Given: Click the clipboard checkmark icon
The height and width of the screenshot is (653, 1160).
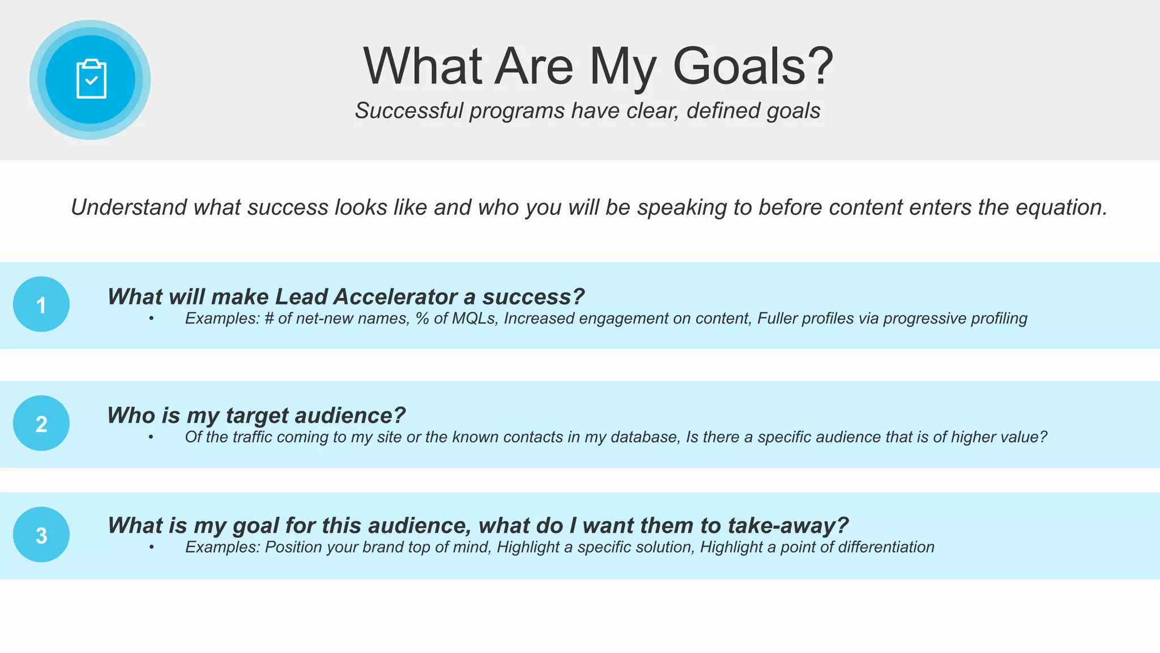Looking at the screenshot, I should pos(91,79).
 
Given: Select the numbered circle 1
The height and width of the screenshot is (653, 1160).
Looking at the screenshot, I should pos(41,304).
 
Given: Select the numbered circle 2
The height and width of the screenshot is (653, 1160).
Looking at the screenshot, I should pos(41,423).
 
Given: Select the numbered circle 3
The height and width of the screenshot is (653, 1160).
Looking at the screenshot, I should pos(41,535).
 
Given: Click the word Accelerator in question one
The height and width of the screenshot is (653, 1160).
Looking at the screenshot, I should pos(395,296).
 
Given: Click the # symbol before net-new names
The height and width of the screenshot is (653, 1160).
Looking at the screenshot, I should pos(269,319).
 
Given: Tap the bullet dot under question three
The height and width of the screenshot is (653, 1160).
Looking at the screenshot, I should pos(152,547).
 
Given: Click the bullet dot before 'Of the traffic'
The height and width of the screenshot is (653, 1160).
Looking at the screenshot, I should pos(151,437).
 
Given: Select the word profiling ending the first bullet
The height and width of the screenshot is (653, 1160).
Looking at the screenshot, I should pos(999,319).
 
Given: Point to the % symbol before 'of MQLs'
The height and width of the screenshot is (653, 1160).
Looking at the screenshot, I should pos(422,319).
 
